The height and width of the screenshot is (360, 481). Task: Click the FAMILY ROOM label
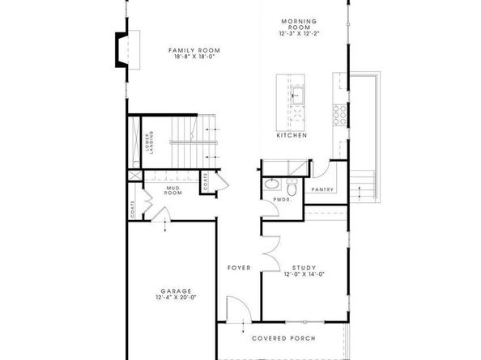pyautogui.click(x=194, y=50)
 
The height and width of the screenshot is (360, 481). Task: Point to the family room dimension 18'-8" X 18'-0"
pyautogui.click(x=194, y=58)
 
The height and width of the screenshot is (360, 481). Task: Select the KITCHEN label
pyautogui.click(x=292, y=135)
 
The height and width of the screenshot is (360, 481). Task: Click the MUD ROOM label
pyautogui.click(x=172, y=192)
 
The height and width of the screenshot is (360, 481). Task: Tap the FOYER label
pyautogui.click(x=238, y=267)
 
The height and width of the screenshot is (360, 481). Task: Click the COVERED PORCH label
pyautogui.click(x=283, y=338)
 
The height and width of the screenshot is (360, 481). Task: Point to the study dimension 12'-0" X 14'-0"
pyautogui.click(x=304, y=274)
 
